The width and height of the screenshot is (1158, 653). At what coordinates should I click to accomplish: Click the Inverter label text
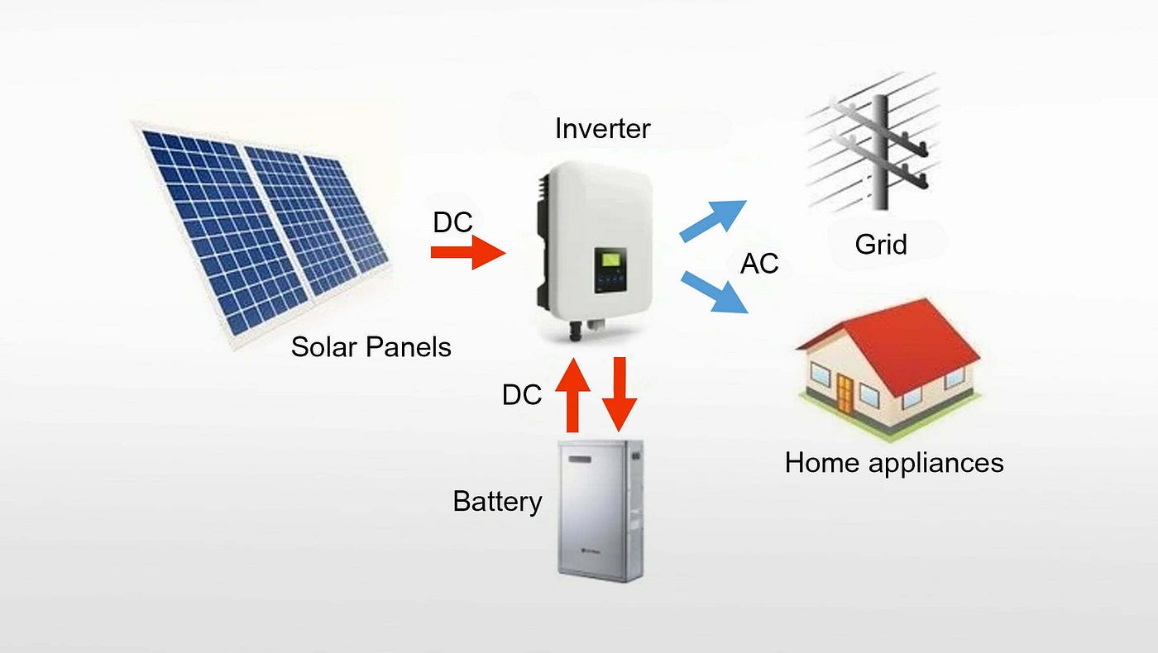(602, 129)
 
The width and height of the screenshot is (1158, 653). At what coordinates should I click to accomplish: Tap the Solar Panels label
(371, 346)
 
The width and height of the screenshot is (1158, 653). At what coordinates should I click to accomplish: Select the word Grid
(881, 245)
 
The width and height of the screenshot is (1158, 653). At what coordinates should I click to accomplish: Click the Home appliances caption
(894, 463)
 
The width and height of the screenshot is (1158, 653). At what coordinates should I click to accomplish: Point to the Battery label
(497, 501)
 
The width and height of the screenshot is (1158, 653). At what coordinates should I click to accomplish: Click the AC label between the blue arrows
(759, 264)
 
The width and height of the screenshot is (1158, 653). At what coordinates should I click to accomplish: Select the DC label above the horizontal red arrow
(453, 222)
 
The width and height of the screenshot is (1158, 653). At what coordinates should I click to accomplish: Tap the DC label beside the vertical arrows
(522, 395)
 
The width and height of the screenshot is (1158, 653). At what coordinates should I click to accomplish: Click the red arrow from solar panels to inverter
(468, 252)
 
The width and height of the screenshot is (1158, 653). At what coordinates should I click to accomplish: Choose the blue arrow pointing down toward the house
(714, 292)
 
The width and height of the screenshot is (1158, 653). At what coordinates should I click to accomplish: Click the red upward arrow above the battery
(572, 395)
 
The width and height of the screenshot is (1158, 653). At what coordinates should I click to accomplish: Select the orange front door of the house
(845, 394)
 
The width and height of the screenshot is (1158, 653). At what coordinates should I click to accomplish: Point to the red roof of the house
(910, 341)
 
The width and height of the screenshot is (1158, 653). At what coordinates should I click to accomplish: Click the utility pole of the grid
(880, 152)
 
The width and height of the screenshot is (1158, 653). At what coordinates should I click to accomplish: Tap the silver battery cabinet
(601, 511)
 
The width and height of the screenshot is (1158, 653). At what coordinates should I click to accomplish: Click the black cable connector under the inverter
(575, 331)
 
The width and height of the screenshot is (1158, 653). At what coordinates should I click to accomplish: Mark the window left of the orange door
(821, 374)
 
